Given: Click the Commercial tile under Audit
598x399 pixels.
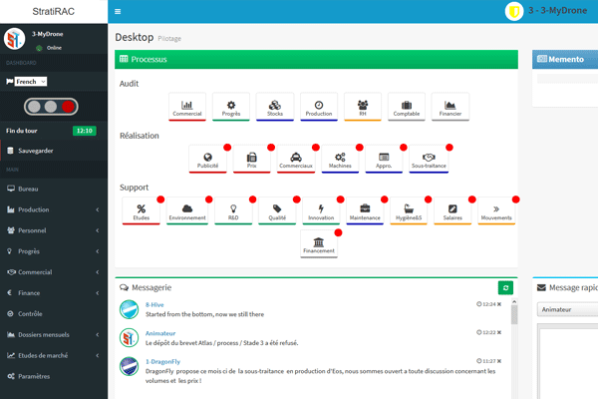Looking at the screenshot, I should coord(187,107).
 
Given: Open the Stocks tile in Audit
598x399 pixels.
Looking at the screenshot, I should coord(275,107).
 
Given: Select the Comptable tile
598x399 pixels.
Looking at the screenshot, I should coord(407,107).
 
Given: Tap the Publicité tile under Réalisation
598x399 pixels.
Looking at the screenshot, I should coord(207,160).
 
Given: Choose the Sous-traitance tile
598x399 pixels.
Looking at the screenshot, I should coord(429,160).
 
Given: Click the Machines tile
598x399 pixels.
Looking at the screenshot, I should coord(340,160).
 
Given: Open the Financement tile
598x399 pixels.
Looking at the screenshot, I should coord(319,245).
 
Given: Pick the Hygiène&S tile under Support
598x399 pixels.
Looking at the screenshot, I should coord(409,211).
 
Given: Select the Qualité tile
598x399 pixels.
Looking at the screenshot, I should coord(277,211).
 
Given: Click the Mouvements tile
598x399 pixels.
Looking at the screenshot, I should coord(495,211).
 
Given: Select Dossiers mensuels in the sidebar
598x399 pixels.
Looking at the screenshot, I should coord(44,333).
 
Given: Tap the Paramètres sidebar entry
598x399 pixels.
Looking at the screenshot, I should coord(34,376).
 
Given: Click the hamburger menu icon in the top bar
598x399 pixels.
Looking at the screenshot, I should coord(118,11).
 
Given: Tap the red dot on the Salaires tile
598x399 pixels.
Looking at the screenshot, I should coord(472,199).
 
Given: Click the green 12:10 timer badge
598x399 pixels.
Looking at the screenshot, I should coord(85,131).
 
